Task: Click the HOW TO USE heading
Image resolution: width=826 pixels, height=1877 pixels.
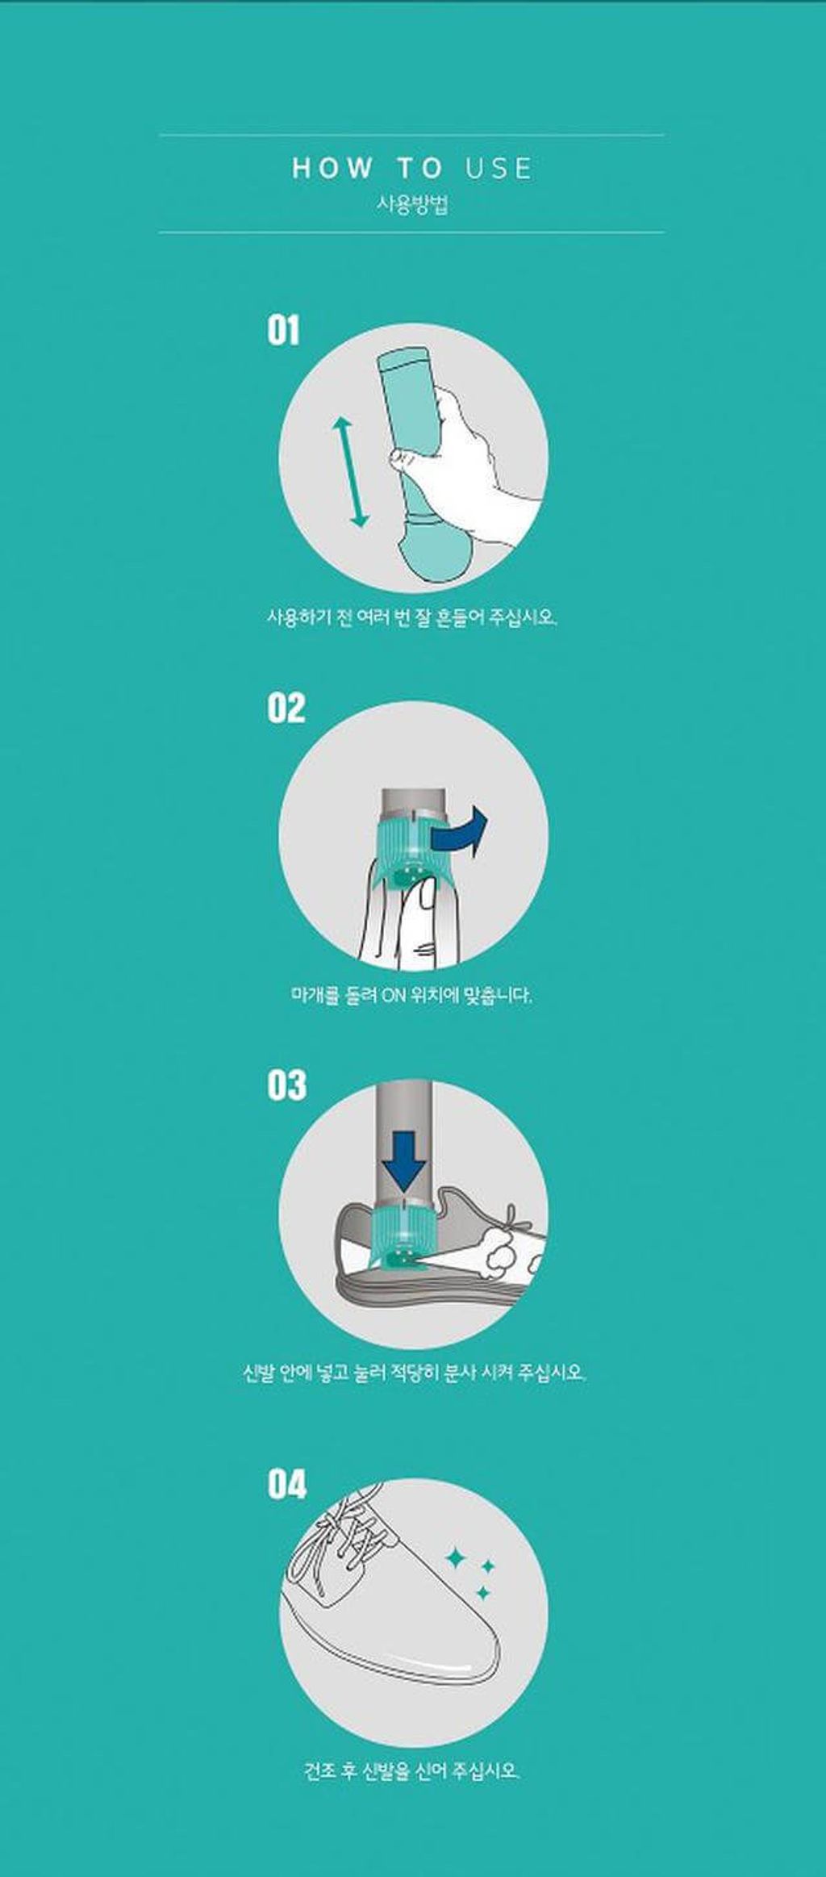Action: (412, 168)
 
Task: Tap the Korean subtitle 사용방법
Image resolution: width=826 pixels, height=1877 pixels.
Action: (412, 204)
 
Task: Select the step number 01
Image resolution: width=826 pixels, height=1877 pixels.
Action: (283, 331)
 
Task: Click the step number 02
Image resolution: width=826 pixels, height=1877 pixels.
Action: (286, 708)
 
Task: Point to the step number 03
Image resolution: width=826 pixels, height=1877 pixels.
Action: (286, 1085)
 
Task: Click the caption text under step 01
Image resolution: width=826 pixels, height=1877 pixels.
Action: (412, 618)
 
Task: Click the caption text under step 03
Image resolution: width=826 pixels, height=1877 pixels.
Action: (413, 1372)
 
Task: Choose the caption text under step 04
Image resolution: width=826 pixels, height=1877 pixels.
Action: (412, 1771)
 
